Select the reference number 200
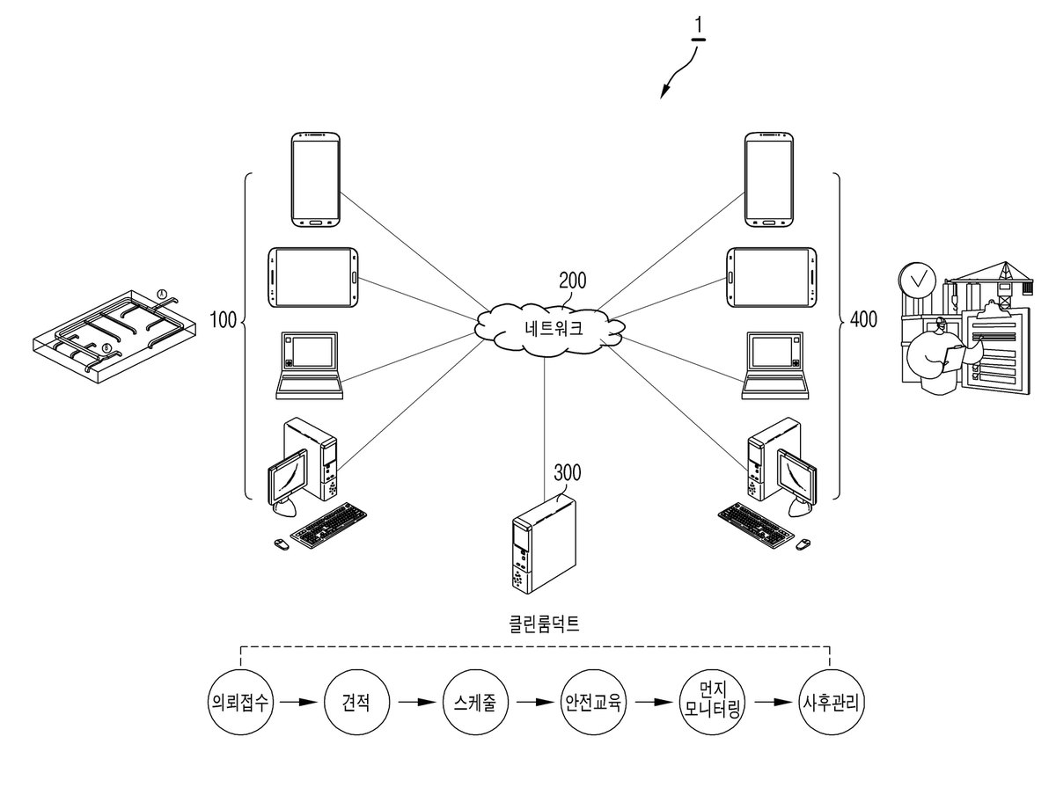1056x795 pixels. pos(573,281)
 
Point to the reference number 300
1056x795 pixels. pos(568,472)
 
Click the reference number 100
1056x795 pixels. pos(224,319)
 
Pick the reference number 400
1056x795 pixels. pos(863,319)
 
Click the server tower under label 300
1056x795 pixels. pos(544,543)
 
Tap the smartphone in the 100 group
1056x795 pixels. pos(316,179)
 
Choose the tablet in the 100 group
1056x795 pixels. pos(312,277)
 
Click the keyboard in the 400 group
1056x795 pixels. pos(755,525)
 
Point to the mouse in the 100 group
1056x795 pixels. pos(282,544)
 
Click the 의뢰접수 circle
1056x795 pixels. pos(240,703)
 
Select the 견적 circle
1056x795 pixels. pos(356,703)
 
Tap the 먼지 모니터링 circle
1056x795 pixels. pos(712,703)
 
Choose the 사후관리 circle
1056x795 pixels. pos(831,703)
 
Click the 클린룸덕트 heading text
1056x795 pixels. pos(544,624)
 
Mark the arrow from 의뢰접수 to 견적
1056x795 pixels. pos(298,703)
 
